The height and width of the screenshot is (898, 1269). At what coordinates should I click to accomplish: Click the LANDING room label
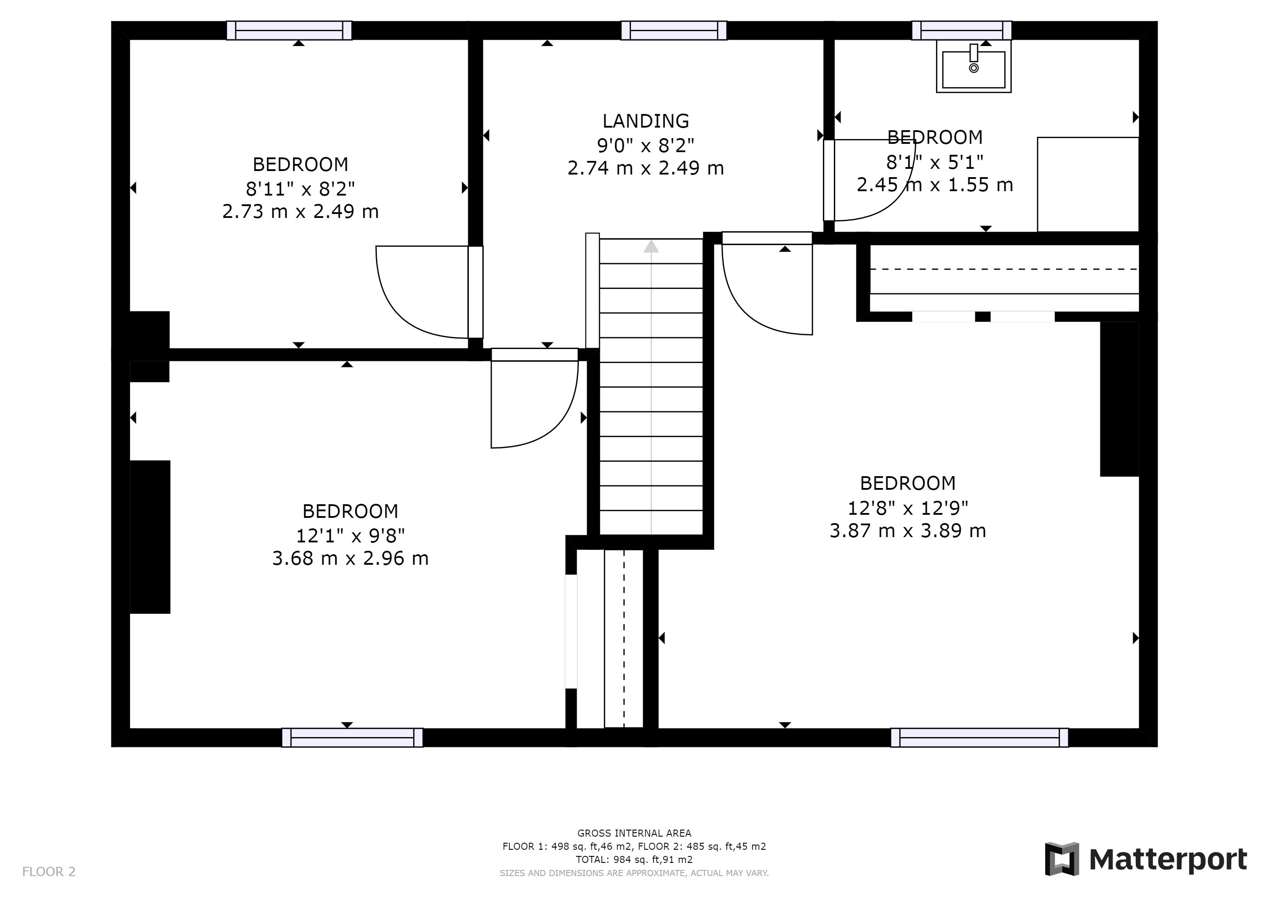[x=645, y=121]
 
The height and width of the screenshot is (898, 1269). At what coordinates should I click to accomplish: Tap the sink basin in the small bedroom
[x=973, y=69]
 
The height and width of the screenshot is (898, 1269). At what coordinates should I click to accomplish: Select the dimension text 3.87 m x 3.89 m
[x=907, y=531]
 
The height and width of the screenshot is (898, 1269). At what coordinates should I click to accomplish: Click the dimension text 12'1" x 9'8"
[x=351, y=535]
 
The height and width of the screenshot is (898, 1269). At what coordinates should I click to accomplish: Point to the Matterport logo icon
[x=1062, y=859]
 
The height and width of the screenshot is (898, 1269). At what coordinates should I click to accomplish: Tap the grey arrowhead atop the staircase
[x=651, y=246]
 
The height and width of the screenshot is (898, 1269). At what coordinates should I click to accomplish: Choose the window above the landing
[x=674, y=30]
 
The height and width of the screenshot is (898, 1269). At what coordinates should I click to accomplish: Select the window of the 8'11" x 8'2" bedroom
[x=289, y=30]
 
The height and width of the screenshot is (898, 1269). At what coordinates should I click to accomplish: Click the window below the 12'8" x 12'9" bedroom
[x=979, y=738]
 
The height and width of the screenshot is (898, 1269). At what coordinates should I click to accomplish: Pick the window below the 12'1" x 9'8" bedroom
[x=352, y=738]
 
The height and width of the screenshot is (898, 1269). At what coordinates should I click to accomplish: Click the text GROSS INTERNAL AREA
[x=634, y=833]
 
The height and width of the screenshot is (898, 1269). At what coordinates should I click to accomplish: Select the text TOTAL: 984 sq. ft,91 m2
[x=634, y=860]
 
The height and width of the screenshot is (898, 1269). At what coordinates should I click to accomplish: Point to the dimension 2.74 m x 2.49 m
[x=645, y=168]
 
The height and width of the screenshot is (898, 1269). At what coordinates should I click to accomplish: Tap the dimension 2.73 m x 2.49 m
[x=300, y=212]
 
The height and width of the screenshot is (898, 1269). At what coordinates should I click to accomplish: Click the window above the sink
[x=962, y=30]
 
